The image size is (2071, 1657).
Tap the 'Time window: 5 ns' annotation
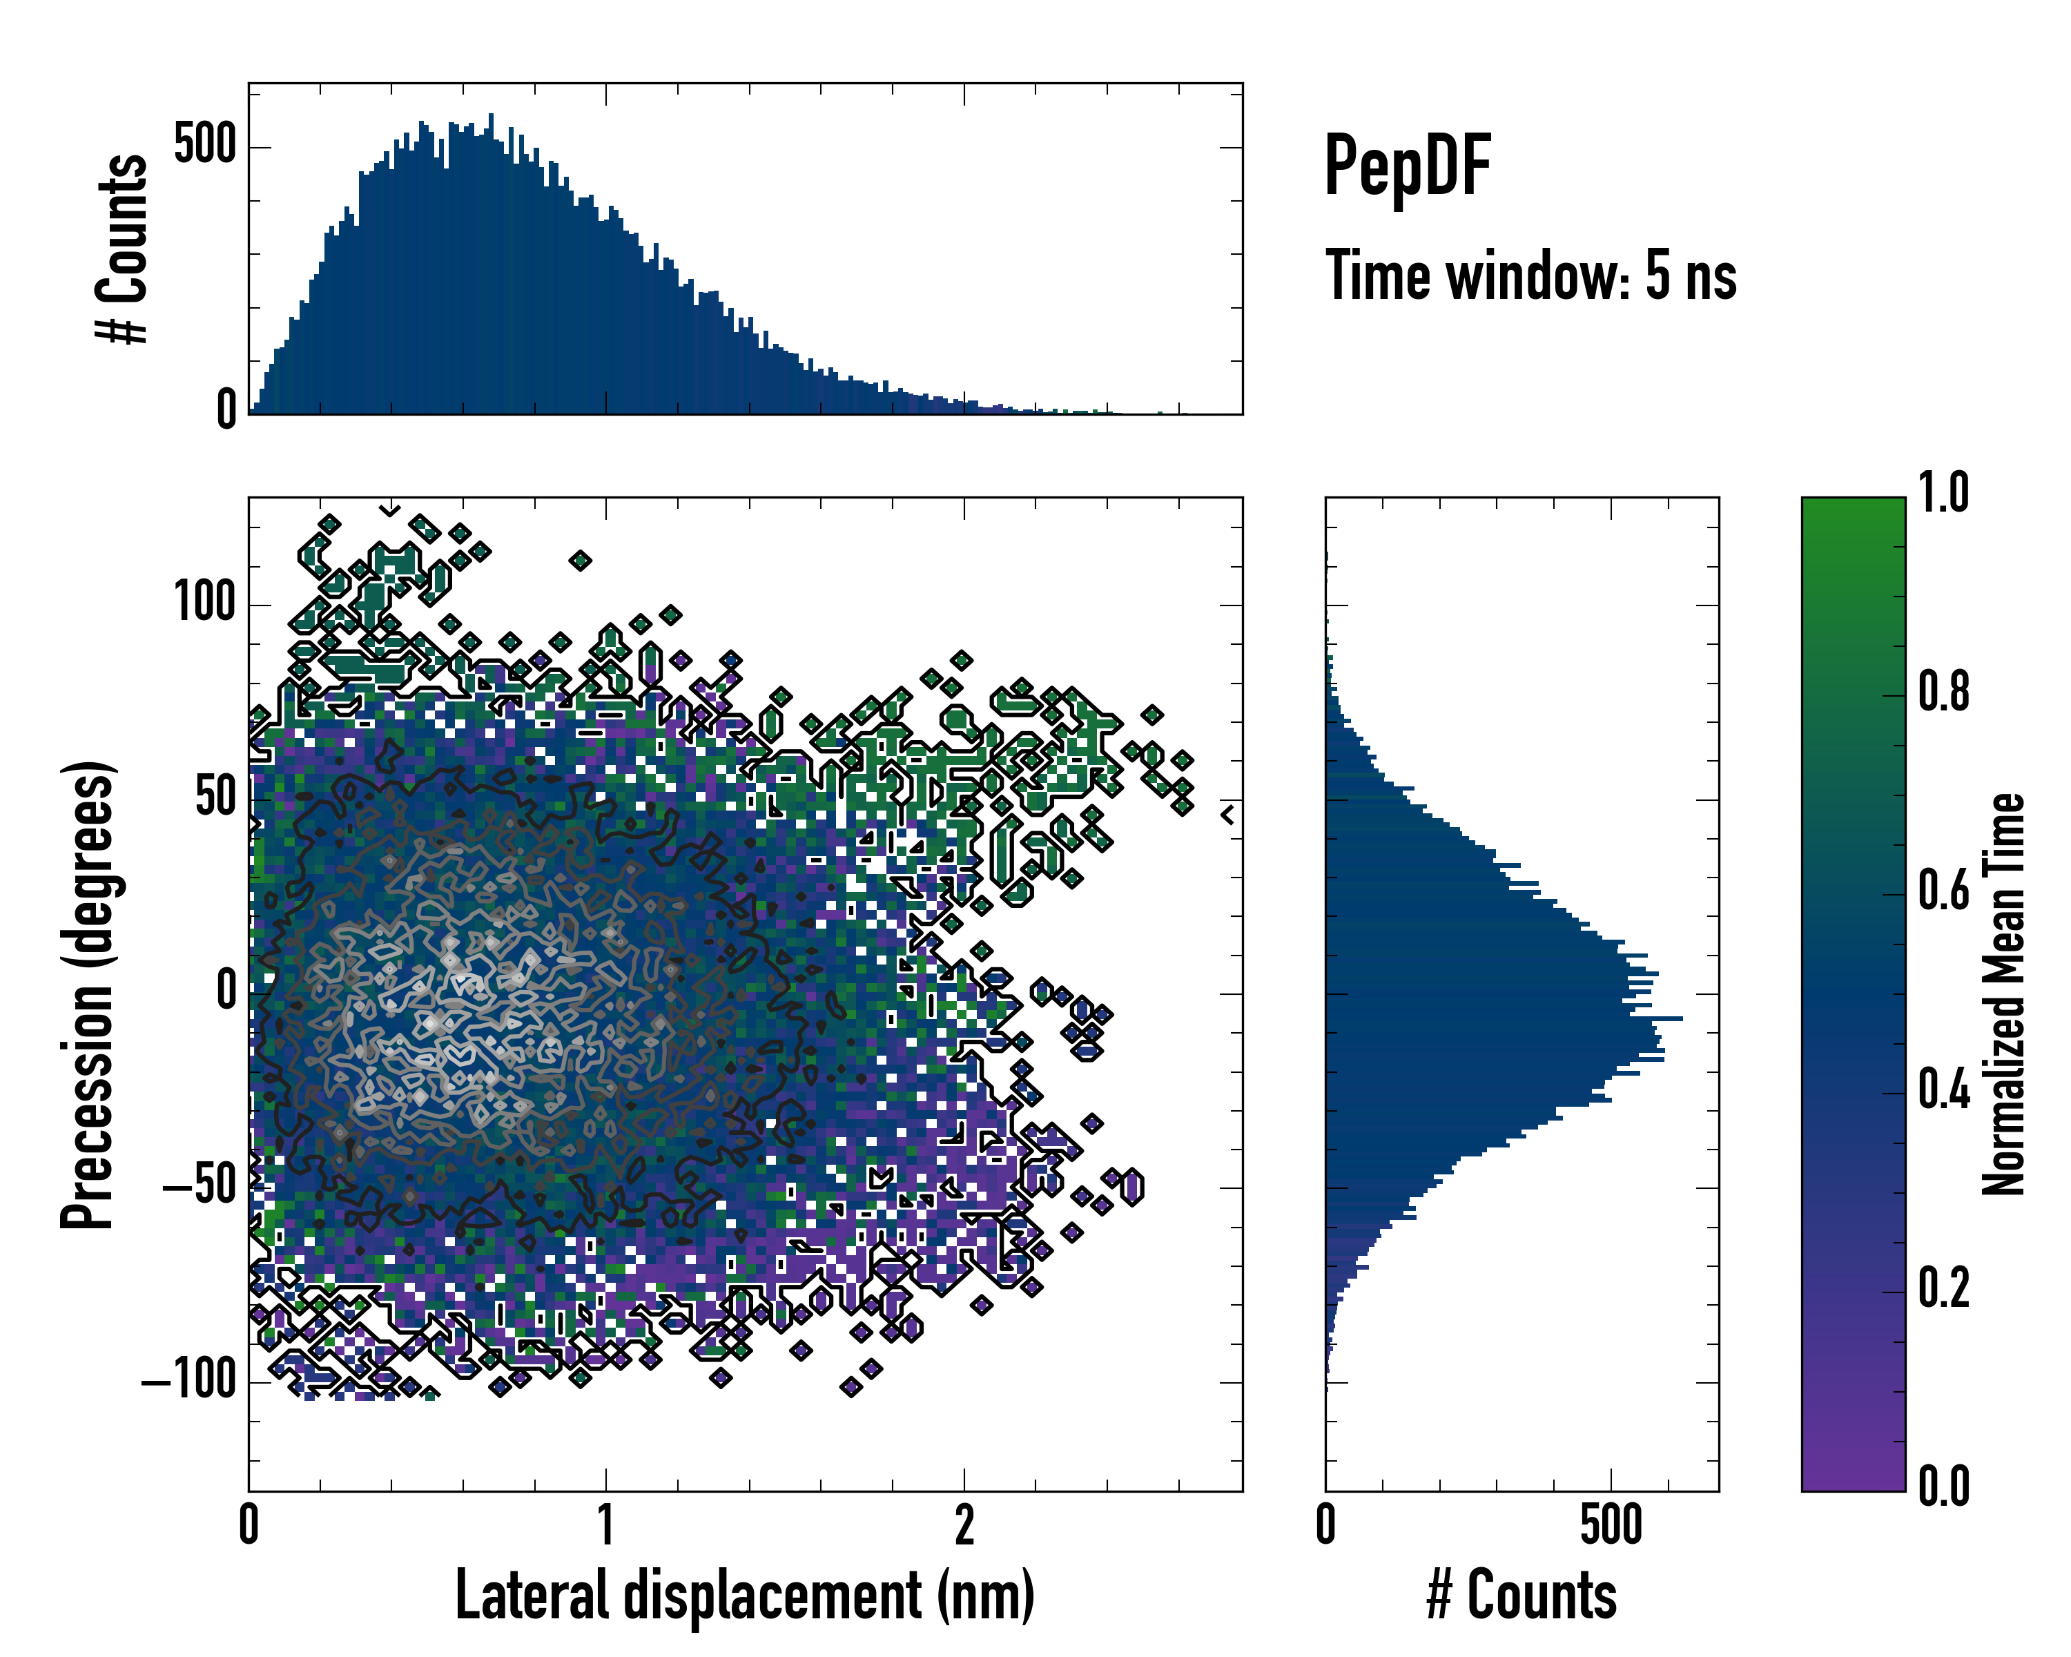1530,275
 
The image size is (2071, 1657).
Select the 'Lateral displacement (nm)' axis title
744,1595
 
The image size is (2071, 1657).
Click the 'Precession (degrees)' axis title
89,994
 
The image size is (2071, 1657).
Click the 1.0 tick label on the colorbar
1943,493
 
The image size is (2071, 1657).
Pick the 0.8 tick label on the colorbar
1943,692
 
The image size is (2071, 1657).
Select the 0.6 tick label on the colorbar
1943,891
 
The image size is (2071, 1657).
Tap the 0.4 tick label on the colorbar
1943,1089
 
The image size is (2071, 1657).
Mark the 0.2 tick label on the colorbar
1943,1288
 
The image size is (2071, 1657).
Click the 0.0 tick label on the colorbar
1943,1486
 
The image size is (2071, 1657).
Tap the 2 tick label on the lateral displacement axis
964,1525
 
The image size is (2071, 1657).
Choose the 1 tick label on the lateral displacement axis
605,1525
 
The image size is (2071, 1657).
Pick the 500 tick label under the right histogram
1611,1525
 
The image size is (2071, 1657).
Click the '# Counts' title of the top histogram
122,248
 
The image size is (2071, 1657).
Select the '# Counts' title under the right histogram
1521,1595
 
